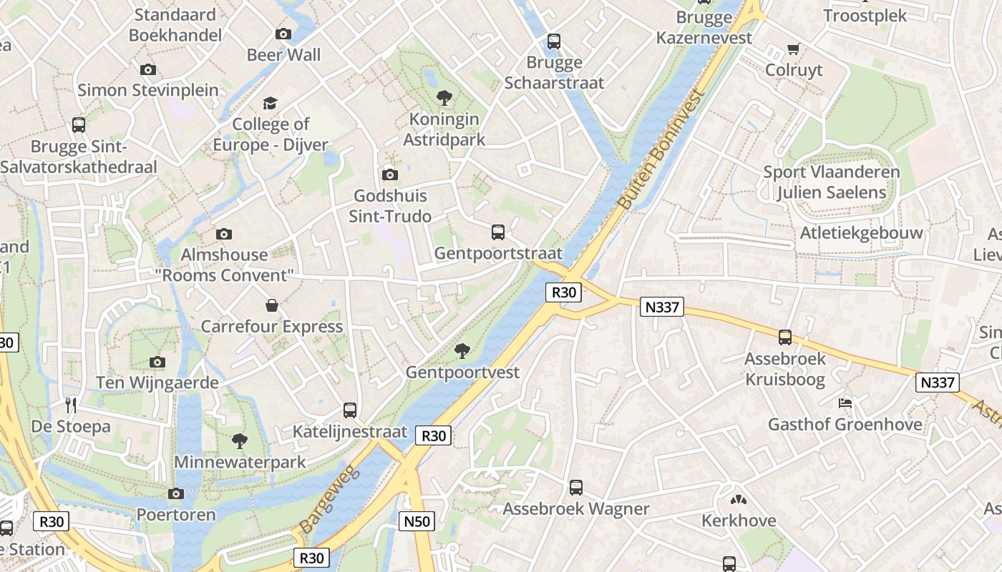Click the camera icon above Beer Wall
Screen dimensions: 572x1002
(x=283, y=34)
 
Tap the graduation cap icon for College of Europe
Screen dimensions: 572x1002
(x=270, y=104)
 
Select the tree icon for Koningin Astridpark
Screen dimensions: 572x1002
(x=444, y=98)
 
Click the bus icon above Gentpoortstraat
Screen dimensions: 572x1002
(x=498, y=232)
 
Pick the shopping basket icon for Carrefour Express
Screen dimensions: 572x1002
(x=272, y=305)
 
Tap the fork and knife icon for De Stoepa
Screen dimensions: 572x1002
(x=70, y=405)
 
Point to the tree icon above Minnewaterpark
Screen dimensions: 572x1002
(x=240, y=440)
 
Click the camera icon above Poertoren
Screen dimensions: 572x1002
(x=175, y=493)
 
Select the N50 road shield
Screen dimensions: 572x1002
(x=417, y=521)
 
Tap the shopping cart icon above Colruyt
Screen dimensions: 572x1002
(x=793, y=49)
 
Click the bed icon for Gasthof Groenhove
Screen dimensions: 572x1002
(x=845, y=403)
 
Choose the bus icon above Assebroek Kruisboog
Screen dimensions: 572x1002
(x=785, y=337)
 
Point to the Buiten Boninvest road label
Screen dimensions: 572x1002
(x=661, y=149)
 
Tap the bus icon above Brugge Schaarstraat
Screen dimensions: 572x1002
(x=554, y=41)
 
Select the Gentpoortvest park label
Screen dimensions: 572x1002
(x=462, y=373)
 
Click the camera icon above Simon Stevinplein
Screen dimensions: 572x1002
(x=148, y=69)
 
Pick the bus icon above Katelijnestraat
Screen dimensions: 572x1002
(x=350, y=410)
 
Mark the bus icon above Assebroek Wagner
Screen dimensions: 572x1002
(x=576, y=488)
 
